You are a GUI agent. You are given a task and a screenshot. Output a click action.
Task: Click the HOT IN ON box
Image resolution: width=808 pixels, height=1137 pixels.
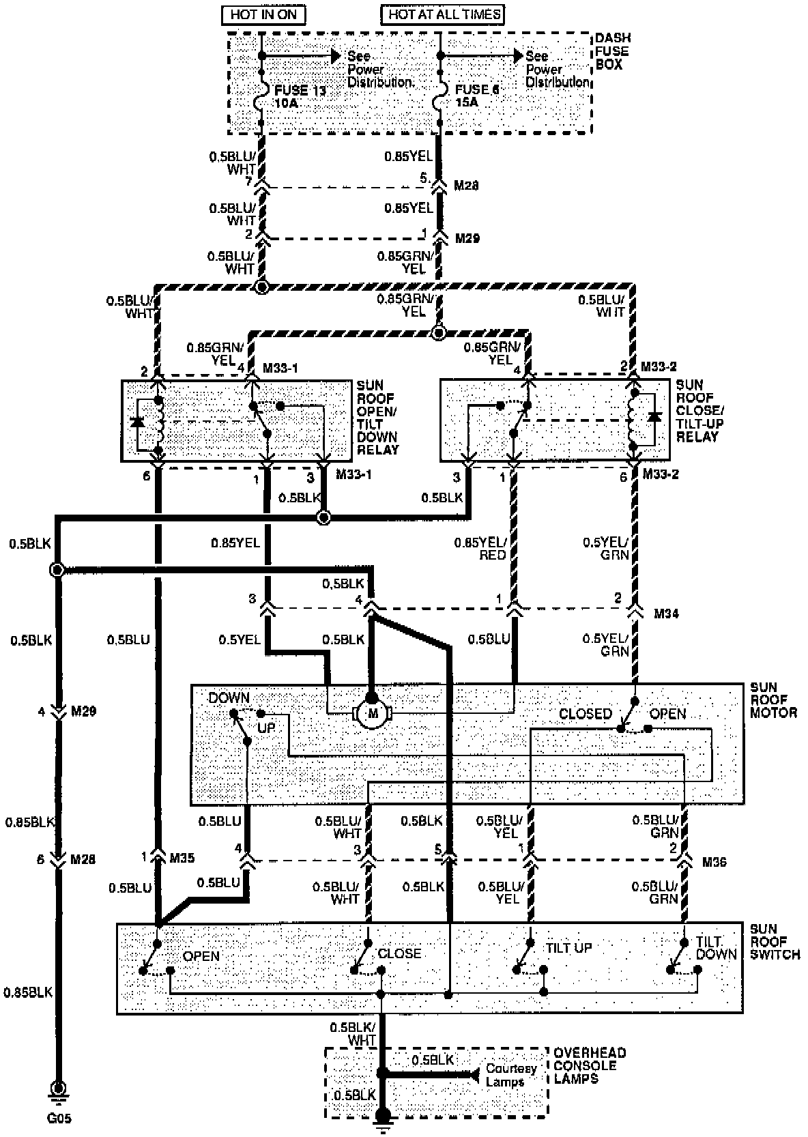tap(263, 14)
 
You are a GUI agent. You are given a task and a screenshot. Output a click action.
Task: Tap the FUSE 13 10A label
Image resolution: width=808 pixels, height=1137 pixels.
tap(299, 96)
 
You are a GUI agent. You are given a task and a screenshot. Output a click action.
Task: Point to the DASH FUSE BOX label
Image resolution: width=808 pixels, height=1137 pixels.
tap(612, 51)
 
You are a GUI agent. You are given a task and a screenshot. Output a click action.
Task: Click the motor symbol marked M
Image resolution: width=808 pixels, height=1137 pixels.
tap(372, 715)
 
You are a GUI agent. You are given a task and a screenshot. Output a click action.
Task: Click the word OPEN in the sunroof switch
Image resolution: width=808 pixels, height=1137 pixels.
tap(201, 956)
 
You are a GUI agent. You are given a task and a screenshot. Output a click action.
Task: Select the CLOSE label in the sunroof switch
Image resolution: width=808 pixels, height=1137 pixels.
tap(399, 953)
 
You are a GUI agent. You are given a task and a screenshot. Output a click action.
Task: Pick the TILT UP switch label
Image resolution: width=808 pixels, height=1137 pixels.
tap(568, 948)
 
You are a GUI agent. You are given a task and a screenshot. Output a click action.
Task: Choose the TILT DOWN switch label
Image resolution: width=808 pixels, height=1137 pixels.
tap(716, 947)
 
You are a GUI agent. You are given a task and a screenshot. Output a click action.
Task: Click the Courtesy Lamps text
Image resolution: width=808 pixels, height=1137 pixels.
tap(510, 1075)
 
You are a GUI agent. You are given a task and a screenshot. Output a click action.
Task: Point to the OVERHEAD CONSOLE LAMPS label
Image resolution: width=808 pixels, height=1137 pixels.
tap(589, 1065)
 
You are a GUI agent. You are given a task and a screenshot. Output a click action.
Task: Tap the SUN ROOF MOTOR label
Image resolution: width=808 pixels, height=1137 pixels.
tap(773, 700)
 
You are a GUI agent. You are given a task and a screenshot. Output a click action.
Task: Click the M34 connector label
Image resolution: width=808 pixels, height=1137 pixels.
tap(667, 614)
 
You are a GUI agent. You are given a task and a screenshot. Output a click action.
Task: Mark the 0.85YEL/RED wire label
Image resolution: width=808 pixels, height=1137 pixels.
tap(480, 549)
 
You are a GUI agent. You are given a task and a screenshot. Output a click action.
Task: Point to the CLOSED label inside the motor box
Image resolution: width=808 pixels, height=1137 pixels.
tap(585, 714)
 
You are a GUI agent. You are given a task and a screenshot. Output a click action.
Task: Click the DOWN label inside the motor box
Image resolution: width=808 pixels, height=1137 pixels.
tap(229, 698)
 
